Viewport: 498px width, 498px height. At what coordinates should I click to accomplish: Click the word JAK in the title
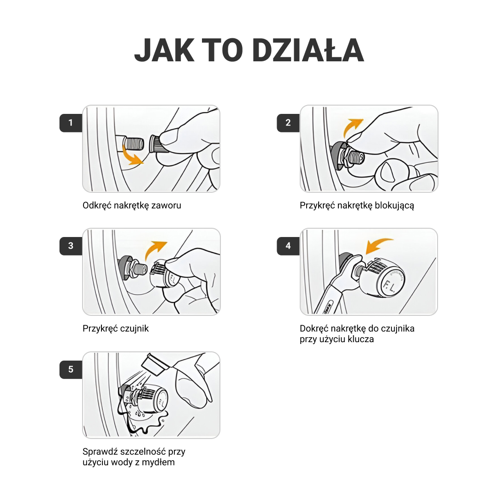pos(165,50)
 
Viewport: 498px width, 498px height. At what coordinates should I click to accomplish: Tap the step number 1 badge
pos(71,123)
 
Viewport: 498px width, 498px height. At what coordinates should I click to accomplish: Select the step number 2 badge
pos(288,123)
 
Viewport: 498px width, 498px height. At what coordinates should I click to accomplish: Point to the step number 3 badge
pos(71,246)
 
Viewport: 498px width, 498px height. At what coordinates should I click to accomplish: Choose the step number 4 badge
pos(288,246)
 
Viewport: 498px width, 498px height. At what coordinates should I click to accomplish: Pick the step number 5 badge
pos(71,369)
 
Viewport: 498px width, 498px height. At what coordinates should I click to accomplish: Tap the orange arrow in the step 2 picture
pos(352,127)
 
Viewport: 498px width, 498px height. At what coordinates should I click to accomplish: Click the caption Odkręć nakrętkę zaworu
pos(132,206)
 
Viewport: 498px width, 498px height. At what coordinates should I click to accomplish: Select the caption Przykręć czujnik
pos(116,328)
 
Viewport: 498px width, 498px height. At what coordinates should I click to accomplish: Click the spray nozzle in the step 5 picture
pos(154,364)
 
